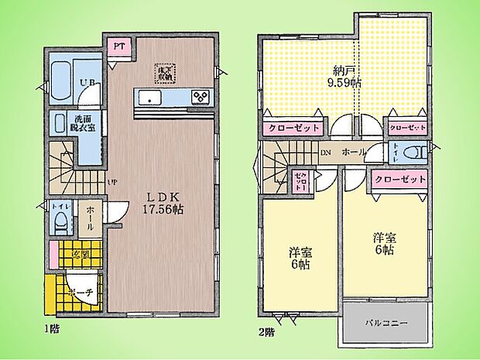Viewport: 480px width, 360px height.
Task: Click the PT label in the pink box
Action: (x=118, y=46)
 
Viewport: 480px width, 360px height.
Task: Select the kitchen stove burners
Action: (x=200, y=97)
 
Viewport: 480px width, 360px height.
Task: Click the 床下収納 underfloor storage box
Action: (x=165, y=73)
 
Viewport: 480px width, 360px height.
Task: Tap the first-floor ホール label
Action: (x=89, y=213)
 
